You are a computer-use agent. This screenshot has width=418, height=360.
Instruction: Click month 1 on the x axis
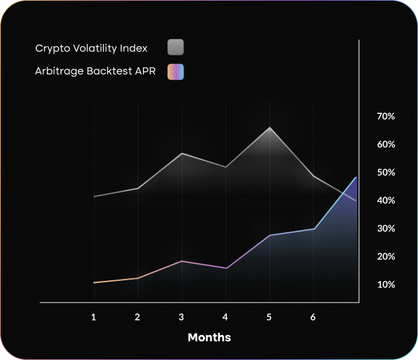94,317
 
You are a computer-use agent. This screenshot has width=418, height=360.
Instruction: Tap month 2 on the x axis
137,317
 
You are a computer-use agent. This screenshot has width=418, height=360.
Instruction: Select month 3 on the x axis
181,317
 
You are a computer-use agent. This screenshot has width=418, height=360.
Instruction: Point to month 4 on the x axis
225,317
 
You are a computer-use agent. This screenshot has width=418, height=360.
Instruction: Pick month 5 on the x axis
269,317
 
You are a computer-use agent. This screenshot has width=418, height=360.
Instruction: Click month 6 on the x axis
313,317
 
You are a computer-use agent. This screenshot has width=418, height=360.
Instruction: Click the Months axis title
209,338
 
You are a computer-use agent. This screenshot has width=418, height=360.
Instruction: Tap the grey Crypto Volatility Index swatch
175,47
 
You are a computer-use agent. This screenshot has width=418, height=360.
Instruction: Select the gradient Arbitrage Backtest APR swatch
175,71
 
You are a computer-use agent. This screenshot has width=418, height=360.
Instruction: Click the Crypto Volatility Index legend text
91,48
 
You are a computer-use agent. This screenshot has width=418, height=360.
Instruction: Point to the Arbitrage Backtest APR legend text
95,71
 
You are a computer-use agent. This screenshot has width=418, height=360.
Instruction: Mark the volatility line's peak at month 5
269,127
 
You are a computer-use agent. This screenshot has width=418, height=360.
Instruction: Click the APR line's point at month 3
181,261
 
